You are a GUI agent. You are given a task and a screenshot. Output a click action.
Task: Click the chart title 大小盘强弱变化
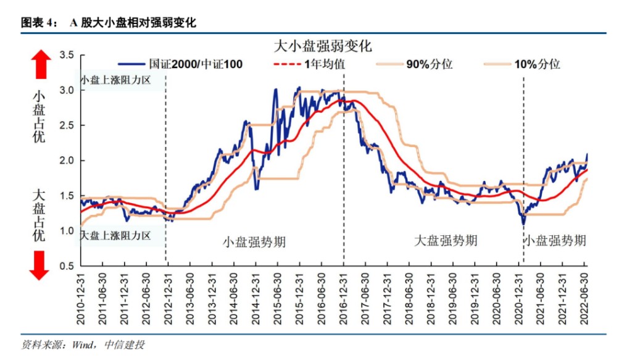coord(322,46)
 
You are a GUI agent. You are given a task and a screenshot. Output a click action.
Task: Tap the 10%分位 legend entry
coord(536,64)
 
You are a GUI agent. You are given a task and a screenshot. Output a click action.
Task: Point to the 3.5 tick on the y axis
coord(67,56)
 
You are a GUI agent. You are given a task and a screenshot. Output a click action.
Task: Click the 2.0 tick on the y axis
coord(67,161)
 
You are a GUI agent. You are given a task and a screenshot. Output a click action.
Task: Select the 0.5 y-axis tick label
coord(67,266)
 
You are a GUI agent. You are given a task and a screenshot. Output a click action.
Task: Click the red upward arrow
coord(41,64)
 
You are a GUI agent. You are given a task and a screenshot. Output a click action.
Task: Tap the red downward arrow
coord(41,265)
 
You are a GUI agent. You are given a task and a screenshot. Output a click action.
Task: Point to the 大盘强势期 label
coord(446,241)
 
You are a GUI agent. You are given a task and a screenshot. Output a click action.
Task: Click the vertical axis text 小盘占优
coord(39,117)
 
